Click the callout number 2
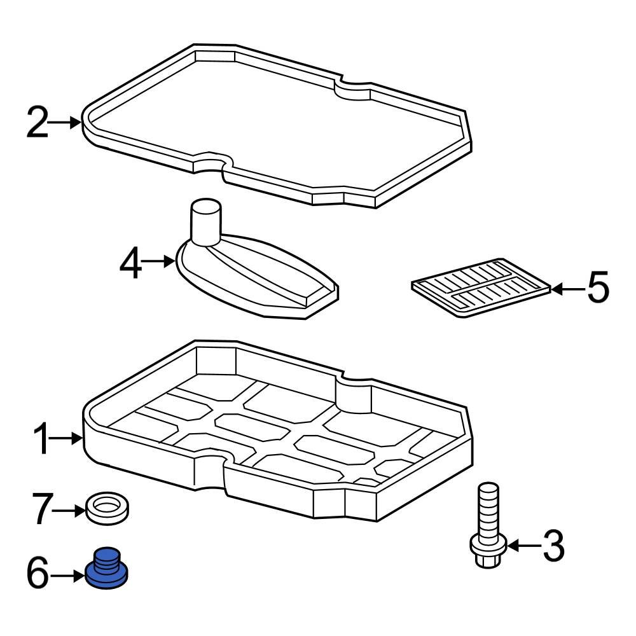pyautogui.click(x=38, y=123)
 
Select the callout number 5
pyautogui.click(x=597, y=289)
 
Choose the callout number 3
pyautogui.click(x=552, y=546)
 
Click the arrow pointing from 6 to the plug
pyautogui.click(x=68, y=576)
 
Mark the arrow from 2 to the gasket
pyautogui.click(x=67, y=122)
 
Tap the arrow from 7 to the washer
pyautogui.click(x=69, y=510)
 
